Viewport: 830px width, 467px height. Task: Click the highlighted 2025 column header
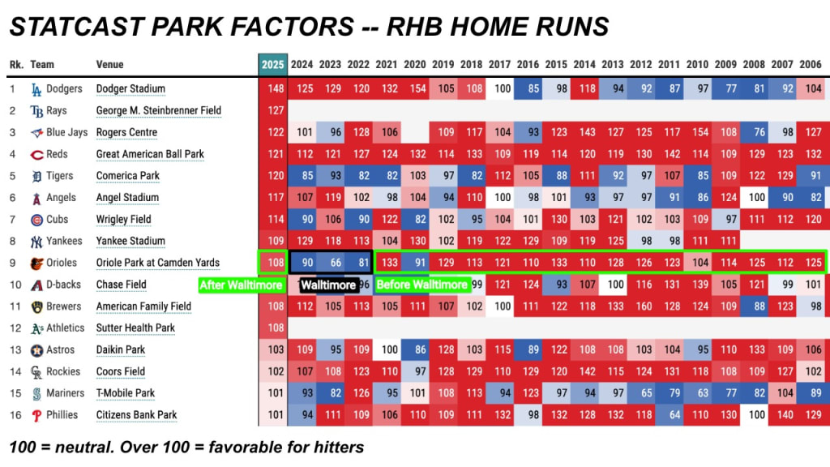tap(272, 65)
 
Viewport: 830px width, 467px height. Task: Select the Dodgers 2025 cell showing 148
tap(273, 88)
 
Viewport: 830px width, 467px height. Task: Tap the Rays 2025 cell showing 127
tap(273, 110)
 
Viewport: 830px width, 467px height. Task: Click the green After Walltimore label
tap(241, 285)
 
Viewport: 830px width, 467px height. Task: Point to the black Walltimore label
tap(328, 285)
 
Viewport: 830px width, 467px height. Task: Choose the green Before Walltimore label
tap(421, 285)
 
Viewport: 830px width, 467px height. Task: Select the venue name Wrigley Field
tap(123, 219)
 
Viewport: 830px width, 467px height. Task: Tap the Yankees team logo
tap(36, 242)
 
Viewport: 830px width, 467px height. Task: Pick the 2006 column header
tap(811, 65)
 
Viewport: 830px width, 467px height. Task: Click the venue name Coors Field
tap(120, 371)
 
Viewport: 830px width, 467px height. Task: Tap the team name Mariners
tap(65, 393)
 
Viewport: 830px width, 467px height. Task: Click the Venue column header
tap(109, 65)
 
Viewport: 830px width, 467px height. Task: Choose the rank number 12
tap(15, 328)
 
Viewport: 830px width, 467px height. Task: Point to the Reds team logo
tap(36, 155)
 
